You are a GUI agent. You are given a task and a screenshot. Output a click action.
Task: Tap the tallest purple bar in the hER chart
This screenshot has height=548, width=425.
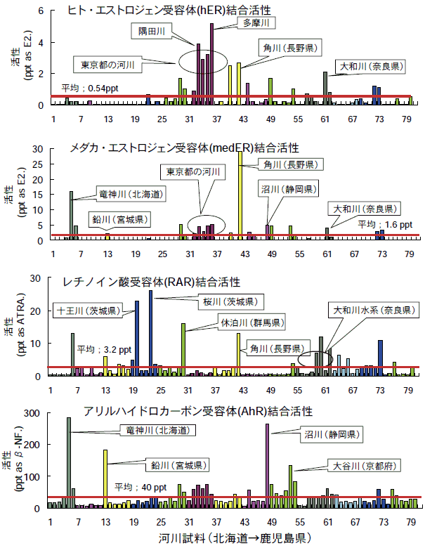211,63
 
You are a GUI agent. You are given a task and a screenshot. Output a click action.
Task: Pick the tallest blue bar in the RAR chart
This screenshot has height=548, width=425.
150,333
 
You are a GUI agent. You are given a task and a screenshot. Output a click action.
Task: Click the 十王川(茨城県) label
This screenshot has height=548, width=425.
88,311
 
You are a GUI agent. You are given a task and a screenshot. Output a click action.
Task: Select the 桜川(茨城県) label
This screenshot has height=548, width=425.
230,301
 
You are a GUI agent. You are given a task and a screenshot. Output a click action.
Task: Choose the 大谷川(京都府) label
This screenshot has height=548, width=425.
357,465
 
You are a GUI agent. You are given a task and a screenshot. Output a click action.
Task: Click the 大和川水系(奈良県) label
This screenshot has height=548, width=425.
370,309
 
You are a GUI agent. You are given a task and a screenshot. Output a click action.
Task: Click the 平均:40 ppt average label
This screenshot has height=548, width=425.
141,487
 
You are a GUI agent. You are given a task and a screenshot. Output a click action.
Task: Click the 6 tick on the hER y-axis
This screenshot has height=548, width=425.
41,11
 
